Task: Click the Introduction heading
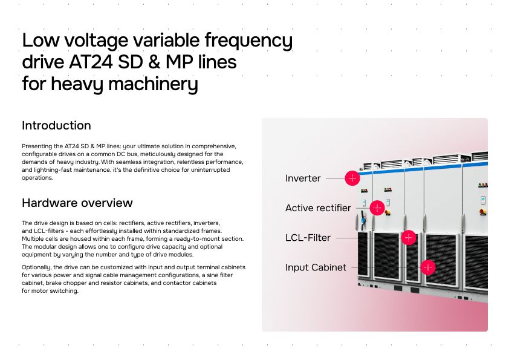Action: [x=56, y=126]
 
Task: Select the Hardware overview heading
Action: [x=77, y=203]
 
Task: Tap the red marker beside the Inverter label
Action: [x=352, y=178]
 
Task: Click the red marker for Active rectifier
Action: [x=377, y=208]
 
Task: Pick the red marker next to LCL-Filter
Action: [x=409, y=238]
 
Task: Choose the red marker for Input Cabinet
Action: [x=428, y=267]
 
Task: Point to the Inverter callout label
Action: [x=303, y=178]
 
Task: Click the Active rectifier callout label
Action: [x=318, y=208]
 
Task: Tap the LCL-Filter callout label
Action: [x=308, y=238]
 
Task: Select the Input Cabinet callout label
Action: [x=316, y=267]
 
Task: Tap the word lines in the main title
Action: [x=215, y=62]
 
